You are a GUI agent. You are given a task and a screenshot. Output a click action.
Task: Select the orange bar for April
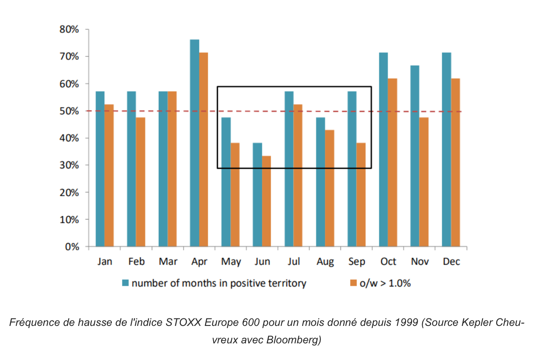[x=204, y=149]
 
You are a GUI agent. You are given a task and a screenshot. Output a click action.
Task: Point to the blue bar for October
[x=383, y=149]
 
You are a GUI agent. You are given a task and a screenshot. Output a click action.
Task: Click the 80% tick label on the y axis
[x=69, y=30]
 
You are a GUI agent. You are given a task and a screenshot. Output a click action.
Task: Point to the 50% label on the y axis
[x=69, y=111]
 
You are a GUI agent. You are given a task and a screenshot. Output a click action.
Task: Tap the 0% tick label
[x=71, y=247]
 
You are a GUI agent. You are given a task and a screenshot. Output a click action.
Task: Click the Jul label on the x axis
[x=293, y=261]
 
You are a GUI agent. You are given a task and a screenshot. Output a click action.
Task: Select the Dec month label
[x=451, y=261]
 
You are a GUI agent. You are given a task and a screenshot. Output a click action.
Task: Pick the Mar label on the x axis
[x=167, y=261]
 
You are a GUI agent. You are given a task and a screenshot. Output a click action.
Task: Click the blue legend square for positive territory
[x=125, y=284]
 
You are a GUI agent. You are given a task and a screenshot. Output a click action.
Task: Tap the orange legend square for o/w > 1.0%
[x=354, y=284]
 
